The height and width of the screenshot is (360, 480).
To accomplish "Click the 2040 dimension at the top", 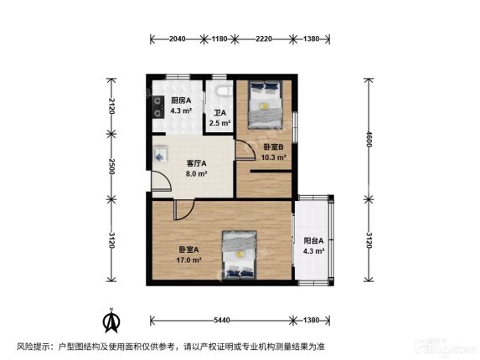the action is coord(178,39).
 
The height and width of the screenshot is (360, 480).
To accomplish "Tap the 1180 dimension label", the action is coord(219,39).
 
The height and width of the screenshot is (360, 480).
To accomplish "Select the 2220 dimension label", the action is coord(264,39).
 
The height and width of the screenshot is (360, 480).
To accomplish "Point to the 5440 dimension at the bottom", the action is coord(222,321).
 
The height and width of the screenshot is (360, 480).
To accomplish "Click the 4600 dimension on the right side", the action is coord(369,139).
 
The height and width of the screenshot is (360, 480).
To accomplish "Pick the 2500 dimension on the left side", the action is coord(111,167).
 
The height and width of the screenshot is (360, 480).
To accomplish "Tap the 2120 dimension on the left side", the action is coord(111,106).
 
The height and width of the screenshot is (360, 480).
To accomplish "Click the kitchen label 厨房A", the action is coord(181,100).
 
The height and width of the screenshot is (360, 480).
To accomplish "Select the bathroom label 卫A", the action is coord(219,113).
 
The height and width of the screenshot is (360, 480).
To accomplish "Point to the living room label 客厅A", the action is coord(196,163).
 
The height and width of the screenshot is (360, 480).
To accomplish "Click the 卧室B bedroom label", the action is coord(274,147).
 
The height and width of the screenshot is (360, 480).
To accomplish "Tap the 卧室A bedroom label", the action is coord(188,249).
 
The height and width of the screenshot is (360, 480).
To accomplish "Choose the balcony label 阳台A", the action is coord(313,241).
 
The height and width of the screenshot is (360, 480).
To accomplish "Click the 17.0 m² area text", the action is coord(188,260).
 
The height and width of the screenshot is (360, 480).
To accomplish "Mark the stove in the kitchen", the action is coord(158,107).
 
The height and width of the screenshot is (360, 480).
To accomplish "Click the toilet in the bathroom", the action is coord(223,90).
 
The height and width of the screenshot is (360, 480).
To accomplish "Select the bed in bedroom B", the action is coord(265,105).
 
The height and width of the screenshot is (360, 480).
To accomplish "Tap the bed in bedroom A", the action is coord(239,255).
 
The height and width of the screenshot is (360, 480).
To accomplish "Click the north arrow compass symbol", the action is coord(111,321).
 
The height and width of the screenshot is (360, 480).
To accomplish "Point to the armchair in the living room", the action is coord(160,153).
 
